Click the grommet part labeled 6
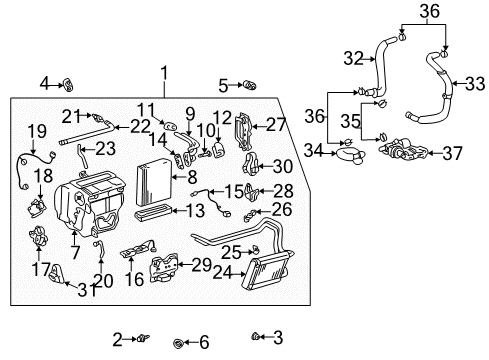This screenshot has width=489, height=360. (179, 342)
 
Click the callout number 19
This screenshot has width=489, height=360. (36, 130)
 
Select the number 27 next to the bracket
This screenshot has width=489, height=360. (275, 125)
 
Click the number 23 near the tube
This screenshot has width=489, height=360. (105, 148)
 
